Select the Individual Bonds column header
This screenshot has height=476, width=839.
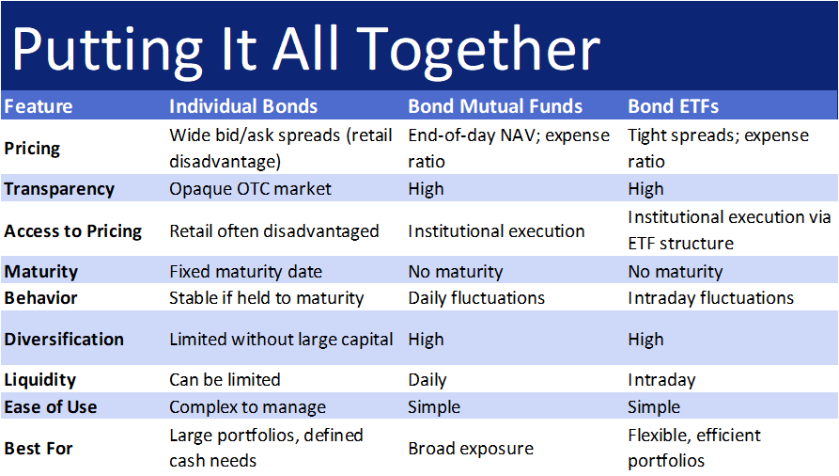(x=243, y=106)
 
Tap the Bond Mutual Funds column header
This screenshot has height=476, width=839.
(x=495, y=106)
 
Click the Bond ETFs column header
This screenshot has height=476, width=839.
(x=673, y=106)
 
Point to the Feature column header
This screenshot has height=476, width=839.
(x=39, y=106)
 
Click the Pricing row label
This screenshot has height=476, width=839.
(x=32, y=148)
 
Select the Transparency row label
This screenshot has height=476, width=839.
(x=59, y=189)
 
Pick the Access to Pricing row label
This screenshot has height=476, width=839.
(x=72, y=230)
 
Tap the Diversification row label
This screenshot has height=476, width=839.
(x=64, y=339)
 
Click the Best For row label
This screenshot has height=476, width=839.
(x=39, y=448)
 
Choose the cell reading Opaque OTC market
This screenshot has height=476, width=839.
(x=250, y=189)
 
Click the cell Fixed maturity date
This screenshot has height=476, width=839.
(x=245, y=272)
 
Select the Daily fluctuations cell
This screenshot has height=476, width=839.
(x=476, y=298)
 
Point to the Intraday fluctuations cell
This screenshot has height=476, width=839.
(x=710, y=298)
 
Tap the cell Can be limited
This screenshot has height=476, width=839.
(x=225, y=380)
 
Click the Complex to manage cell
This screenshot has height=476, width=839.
(x=247, y=407)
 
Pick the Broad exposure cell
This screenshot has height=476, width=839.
(x=470, y=448)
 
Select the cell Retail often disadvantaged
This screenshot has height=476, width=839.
(x=273, y=230)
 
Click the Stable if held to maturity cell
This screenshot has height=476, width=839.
(x=266, y=298)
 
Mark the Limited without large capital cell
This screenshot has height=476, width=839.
(x=281, y=339)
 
